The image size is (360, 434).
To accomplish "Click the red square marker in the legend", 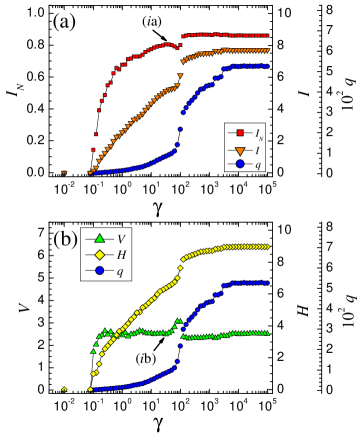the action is coord(239,133).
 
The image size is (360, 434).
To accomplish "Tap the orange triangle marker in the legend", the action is coord(239,148).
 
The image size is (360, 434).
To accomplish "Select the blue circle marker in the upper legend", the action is coord(239,163).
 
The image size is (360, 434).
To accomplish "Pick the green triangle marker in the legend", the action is coord(99,239).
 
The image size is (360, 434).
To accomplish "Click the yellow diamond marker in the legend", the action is coord(99,255).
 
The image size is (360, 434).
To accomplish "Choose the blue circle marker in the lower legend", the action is coord(99,270).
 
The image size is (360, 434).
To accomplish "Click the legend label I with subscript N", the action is coord(259,133).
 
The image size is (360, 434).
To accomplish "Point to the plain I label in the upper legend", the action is coord(258,148).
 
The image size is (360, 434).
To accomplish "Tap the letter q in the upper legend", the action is coord(258,164).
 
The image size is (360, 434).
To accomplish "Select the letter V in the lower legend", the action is coord(121,239).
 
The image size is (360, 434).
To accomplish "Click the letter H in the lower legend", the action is coord(121,255).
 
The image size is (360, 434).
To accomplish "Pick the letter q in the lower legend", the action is coord(120,271).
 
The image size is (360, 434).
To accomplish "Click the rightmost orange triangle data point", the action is coord(267,50).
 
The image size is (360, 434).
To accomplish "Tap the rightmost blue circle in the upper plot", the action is coord(267,66).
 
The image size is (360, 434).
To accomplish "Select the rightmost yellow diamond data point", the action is coord(268,247).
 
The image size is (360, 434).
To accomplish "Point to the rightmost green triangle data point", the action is coord(268,333).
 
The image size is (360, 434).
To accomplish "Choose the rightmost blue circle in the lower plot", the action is coord(268,283).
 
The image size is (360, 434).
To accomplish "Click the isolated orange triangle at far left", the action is coord(64,173).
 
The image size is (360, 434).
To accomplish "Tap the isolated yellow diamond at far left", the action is coord(64,389).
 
